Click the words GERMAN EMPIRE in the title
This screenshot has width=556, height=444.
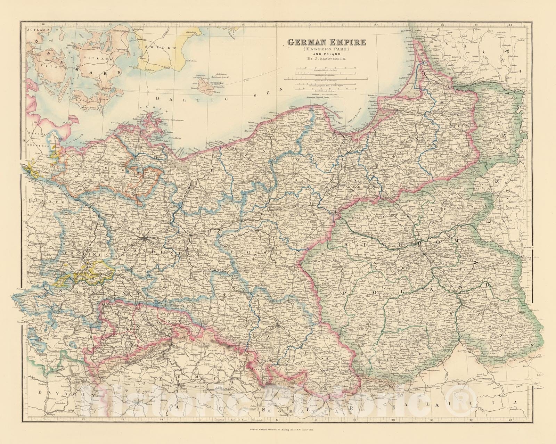326,43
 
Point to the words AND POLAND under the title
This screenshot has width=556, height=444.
326,55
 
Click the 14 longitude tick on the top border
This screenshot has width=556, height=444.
177,24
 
